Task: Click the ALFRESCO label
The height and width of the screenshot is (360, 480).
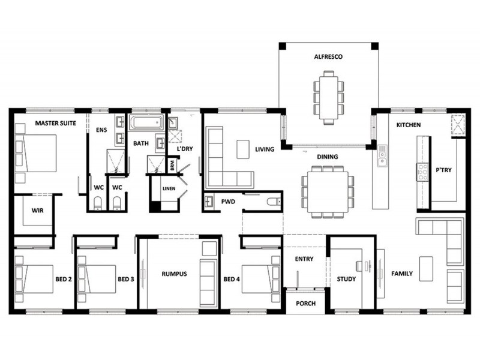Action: (328, 58)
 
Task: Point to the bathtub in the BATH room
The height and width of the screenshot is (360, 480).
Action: (148, 124)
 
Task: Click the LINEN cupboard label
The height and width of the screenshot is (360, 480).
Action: (168, 188)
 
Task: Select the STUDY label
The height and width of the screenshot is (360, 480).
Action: (346, 279)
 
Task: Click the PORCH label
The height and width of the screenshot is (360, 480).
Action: (305, 303)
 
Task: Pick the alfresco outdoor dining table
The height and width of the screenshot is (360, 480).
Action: (328, 96)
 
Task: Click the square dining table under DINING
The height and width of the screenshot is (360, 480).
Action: (323, 191)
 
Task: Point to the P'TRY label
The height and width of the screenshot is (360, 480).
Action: (443, 170)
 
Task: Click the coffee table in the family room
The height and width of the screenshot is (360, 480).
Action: (427, 268)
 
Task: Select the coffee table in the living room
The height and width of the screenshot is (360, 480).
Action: (242, 148)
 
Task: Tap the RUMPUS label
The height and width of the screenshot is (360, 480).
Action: (175, 274)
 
